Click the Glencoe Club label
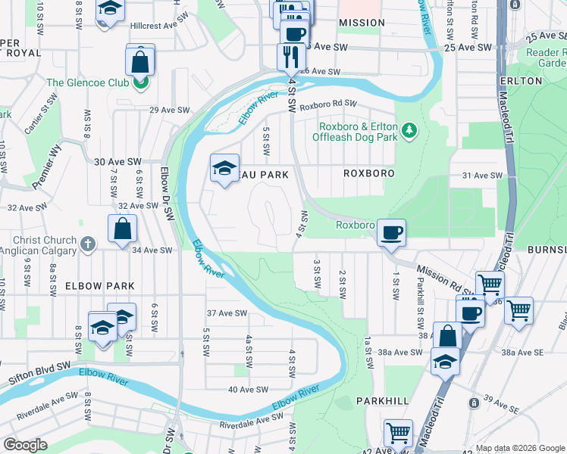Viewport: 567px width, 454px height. pos(87,82)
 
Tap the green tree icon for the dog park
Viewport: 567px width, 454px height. pos(409,131)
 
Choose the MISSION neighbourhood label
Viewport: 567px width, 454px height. pos(362,23)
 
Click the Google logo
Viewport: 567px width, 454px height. pos(25,445)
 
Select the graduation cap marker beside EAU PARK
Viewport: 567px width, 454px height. pos(224,169)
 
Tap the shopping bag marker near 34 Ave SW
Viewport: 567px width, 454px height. pos(122,229)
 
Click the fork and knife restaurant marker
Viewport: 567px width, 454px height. pos(291,55)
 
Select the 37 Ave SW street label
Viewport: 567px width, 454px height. pos(227,313)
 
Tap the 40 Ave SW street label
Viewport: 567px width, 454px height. pos(249,390)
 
